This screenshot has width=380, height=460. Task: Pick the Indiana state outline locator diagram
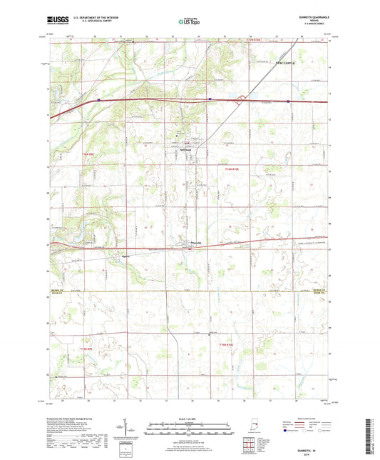277,431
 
